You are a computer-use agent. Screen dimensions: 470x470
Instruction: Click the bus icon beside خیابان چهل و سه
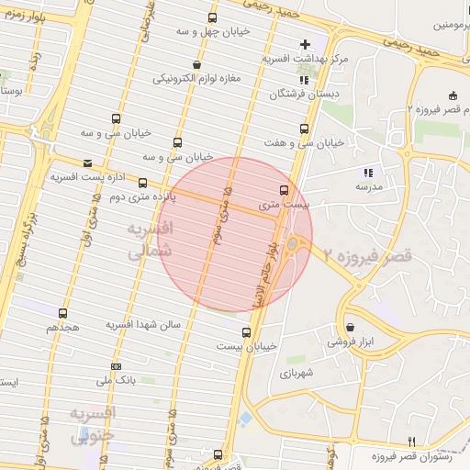213,17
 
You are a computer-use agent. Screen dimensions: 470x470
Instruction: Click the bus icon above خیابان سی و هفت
305,129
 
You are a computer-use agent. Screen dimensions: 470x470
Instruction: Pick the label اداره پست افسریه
86,175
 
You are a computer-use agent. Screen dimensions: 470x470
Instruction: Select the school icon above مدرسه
368,172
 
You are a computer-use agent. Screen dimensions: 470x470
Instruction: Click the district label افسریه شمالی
146,238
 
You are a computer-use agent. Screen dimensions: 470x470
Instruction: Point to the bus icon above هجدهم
62,314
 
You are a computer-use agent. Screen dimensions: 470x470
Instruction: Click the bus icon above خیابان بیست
246,332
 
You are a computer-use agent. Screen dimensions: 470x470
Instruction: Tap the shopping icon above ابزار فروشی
350,327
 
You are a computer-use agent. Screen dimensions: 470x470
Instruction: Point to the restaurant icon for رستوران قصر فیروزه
411,442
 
